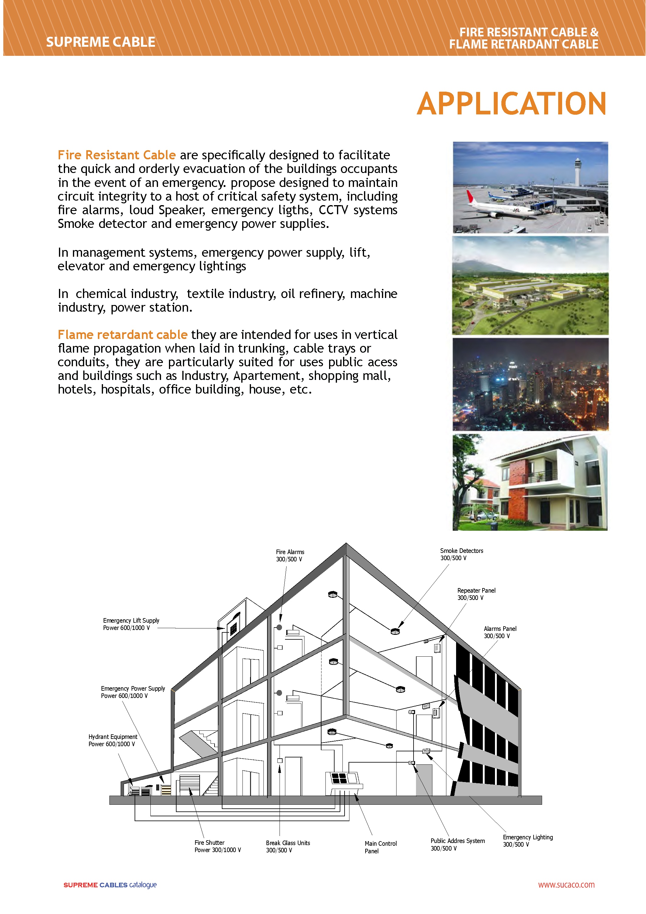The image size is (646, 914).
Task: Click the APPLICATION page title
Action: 511,103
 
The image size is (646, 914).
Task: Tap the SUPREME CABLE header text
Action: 101,42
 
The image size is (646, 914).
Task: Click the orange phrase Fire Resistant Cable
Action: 116,155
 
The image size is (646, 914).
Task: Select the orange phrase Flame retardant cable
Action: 122,334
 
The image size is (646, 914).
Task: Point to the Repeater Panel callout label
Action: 476,594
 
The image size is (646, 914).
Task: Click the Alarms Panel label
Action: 500,632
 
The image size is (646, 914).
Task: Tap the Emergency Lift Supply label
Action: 131,624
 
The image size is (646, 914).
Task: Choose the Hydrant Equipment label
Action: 112,740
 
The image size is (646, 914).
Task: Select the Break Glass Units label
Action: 288,846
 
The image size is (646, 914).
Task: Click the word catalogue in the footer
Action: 143,885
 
